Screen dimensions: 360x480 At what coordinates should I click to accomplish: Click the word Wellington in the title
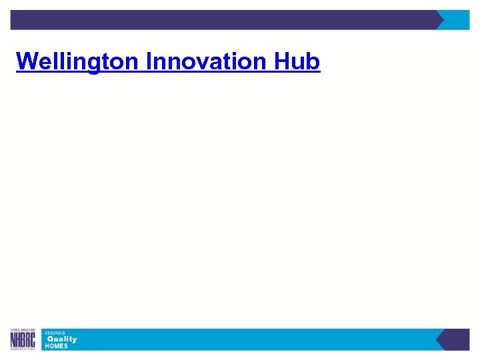click(x=77, y=62)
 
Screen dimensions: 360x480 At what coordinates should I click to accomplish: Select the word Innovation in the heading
click(x=207, y=62)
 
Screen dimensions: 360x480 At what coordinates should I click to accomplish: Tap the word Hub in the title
click(x=297, y=62)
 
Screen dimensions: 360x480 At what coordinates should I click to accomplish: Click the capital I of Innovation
click(x=148, y=62)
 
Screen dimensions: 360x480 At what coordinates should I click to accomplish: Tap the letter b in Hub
click(x=313, y=62)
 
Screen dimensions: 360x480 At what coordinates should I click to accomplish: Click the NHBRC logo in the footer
click(x=23, y=339)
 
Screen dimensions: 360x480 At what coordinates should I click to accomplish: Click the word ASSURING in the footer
click(x=55, y=332)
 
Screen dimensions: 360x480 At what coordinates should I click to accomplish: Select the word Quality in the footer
click(x=61, y=339)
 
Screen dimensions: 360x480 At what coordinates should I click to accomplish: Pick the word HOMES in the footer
click(x=56, y=346)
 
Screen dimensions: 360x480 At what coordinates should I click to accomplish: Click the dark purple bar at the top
click(x=220, y=20)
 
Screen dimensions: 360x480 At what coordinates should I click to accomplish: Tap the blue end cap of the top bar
click(x=459, y=20)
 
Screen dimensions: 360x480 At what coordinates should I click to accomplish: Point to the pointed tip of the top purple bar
click(x=442, y=20)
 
